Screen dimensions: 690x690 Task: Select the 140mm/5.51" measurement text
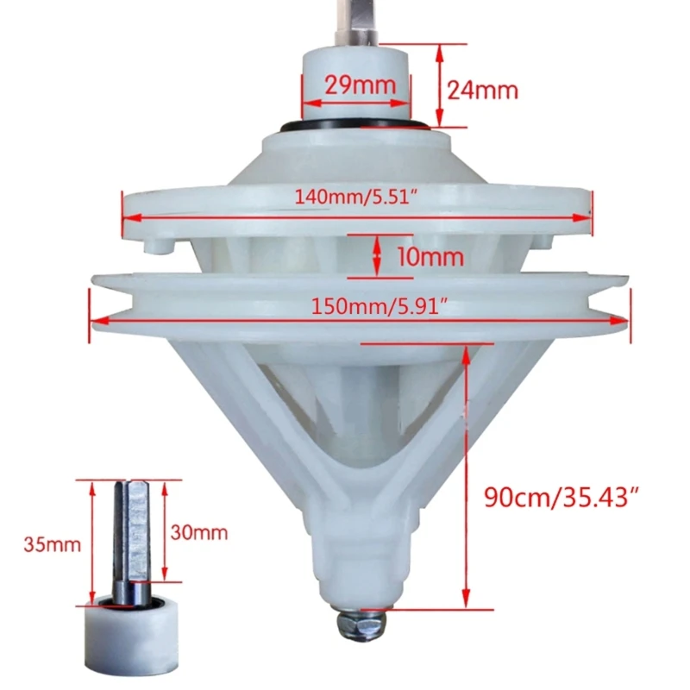coord(356,198)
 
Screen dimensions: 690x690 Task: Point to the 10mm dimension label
coord(431,255)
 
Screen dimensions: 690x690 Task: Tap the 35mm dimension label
coord(53,544)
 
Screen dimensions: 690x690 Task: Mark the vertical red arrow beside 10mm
coord(378,255)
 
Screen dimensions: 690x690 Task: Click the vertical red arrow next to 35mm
coord(90,543)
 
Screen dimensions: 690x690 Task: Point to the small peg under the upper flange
coord(159,247)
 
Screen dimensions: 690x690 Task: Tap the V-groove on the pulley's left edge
coord(112,303)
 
